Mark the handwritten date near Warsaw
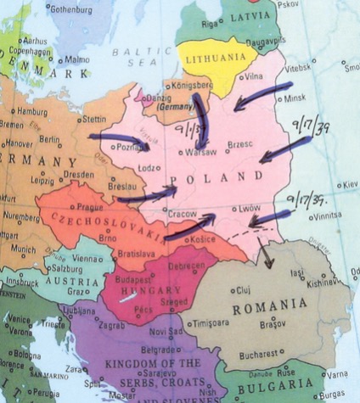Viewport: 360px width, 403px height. click(191, 136)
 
